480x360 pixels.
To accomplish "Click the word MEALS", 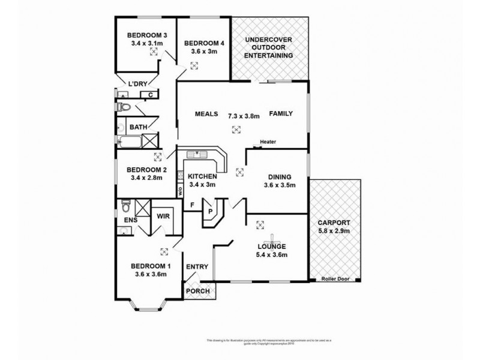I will coord(206,113).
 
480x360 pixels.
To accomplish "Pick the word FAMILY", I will coord(280,113).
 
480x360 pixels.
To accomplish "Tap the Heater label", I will coord(268,142).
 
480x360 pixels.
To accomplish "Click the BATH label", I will coord(139,127).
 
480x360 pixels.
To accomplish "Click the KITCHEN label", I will coord(202,176).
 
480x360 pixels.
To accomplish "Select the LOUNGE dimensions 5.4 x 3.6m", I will coord(272,255).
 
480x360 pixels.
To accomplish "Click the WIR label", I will coord(162,215).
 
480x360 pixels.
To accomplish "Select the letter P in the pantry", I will coord(210,212).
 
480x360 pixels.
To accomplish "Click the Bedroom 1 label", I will coord(151,266).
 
